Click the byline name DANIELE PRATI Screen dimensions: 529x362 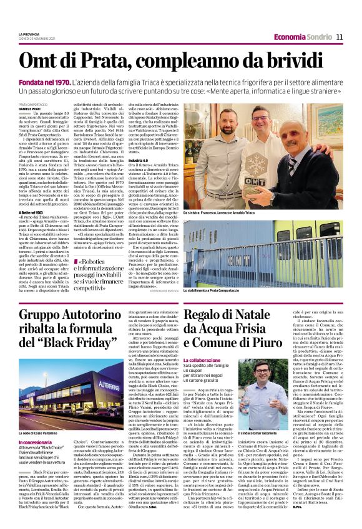point(30,108)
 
